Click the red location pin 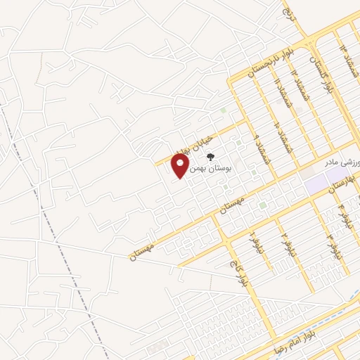[181, 165]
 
